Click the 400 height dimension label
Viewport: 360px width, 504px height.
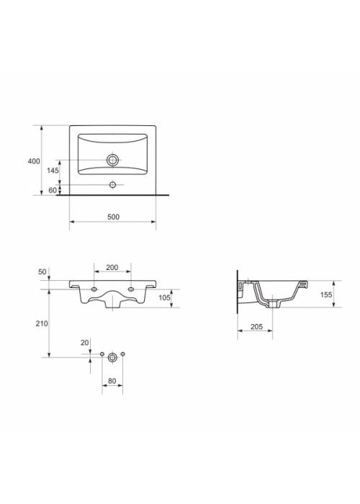coord(34,161)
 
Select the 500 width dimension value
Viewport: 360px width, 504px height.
coord(113,217)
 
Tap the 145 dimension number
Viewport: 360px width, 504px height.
coord(53,171)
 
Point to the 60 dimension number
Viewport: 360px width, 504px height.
coord(53,190)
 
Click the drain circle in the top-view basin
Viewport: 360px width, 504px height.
coord(112,160)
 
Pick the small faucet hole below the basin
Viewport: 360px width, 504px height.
coord(112,184)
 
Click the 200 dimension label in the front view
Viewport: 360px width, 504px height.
coord(112,267)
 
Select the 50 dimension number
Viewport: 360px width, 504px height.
coord(42,272)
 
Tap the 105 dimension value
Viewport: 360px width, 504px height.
coord(165,297)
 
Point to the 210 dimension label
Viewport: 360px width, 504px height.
coord(42,324)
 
